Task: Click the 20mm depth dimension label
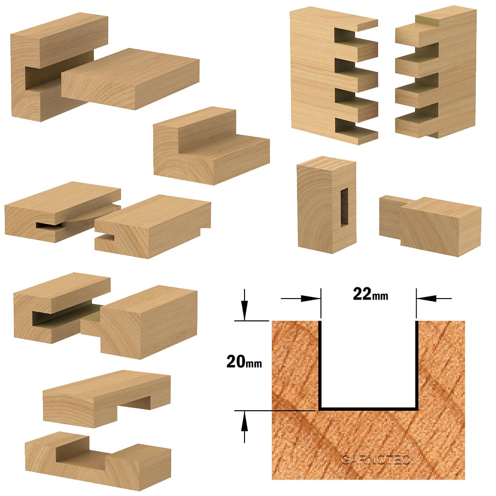[244, 361]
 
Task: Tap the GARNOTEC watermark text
[375, 460]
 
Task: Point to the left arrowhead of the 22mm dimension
[310, 298]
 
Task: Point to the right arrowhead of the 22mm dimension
[426, 298]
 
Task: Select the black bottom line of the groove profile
[369, 409]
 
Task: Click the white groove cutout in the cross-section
[369, 364]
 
